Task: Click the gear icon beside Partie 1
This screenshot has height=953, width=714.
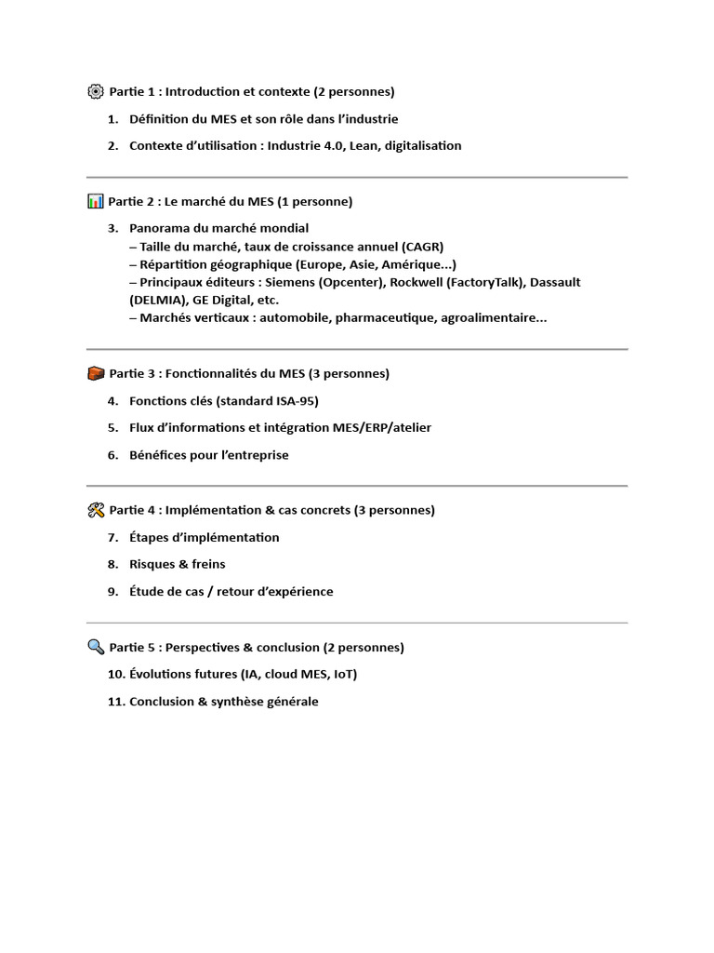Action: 96,91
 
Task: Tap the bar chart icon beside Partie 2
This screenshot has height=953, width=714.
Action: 95,201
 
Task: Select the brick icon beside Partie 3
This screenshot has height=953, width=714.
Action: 96,373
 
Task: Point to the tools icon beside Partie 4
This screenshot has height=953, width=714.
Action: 96,510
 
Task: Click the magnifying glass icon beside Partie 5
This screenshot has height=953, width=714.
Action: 96,647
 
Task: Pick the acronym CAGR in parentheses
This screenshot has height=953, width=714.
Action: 422,246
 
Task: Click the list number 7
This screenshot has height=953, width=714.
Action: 112,537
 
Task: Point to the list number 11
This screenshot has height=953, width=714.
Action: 115,702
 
